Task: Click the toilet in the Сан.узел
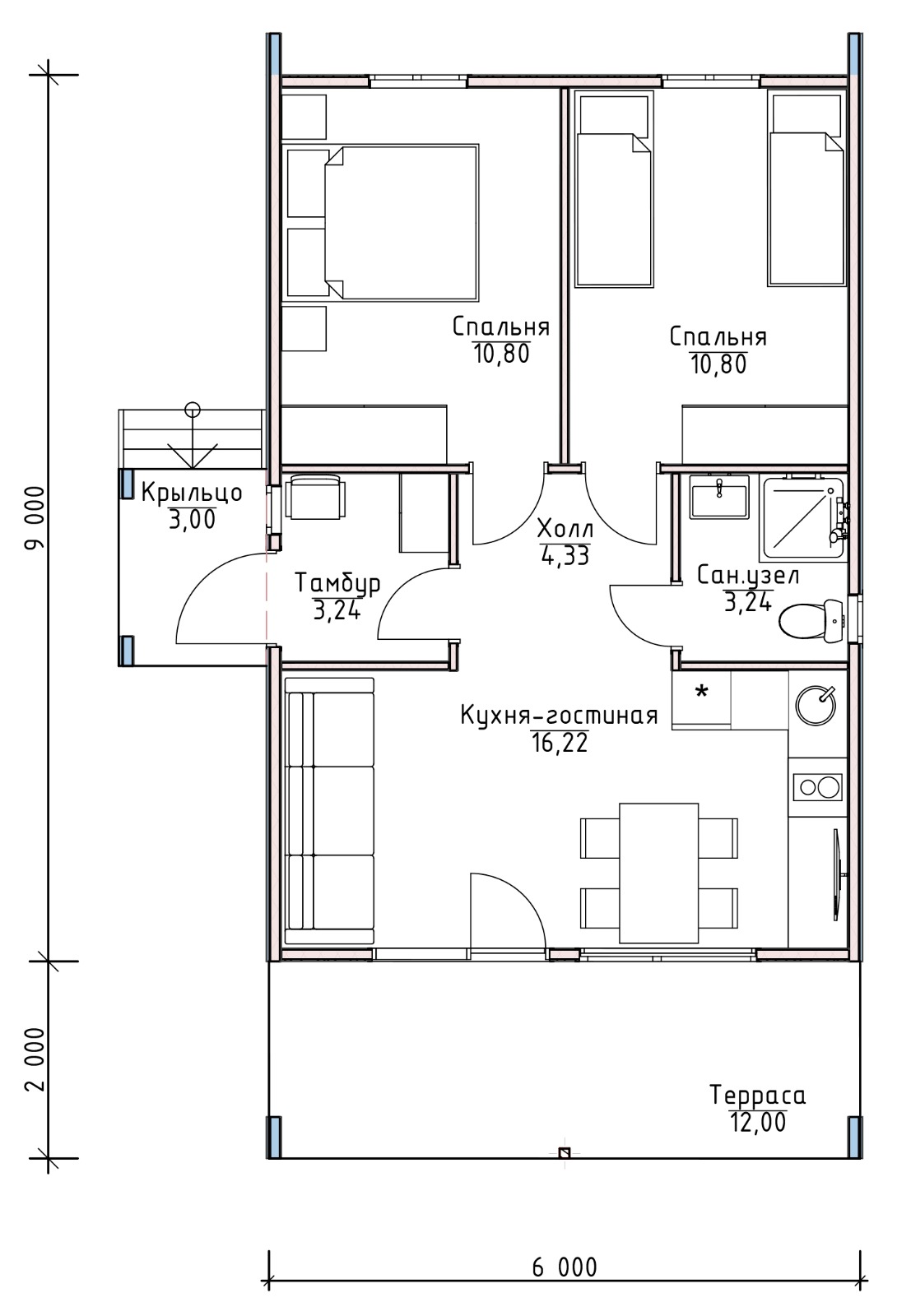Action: (811, 620)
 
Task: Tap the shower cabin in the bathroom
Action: (803, 517)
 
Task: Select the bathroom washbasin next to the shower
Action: (719, 497)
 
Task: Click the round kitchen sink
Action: (816, 705)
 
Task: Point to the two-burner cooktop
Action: (817, 786)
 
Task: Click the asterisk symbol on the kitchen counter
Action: (701, 692)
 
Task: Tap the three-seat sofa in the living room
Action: (329, 811)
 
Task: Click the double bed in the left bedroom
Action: (382, 223)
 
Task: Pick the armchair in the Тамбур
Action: (315, 497)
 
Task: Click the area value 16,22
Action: (560, 744)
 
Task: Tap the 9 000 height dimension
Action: (35, 517)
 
